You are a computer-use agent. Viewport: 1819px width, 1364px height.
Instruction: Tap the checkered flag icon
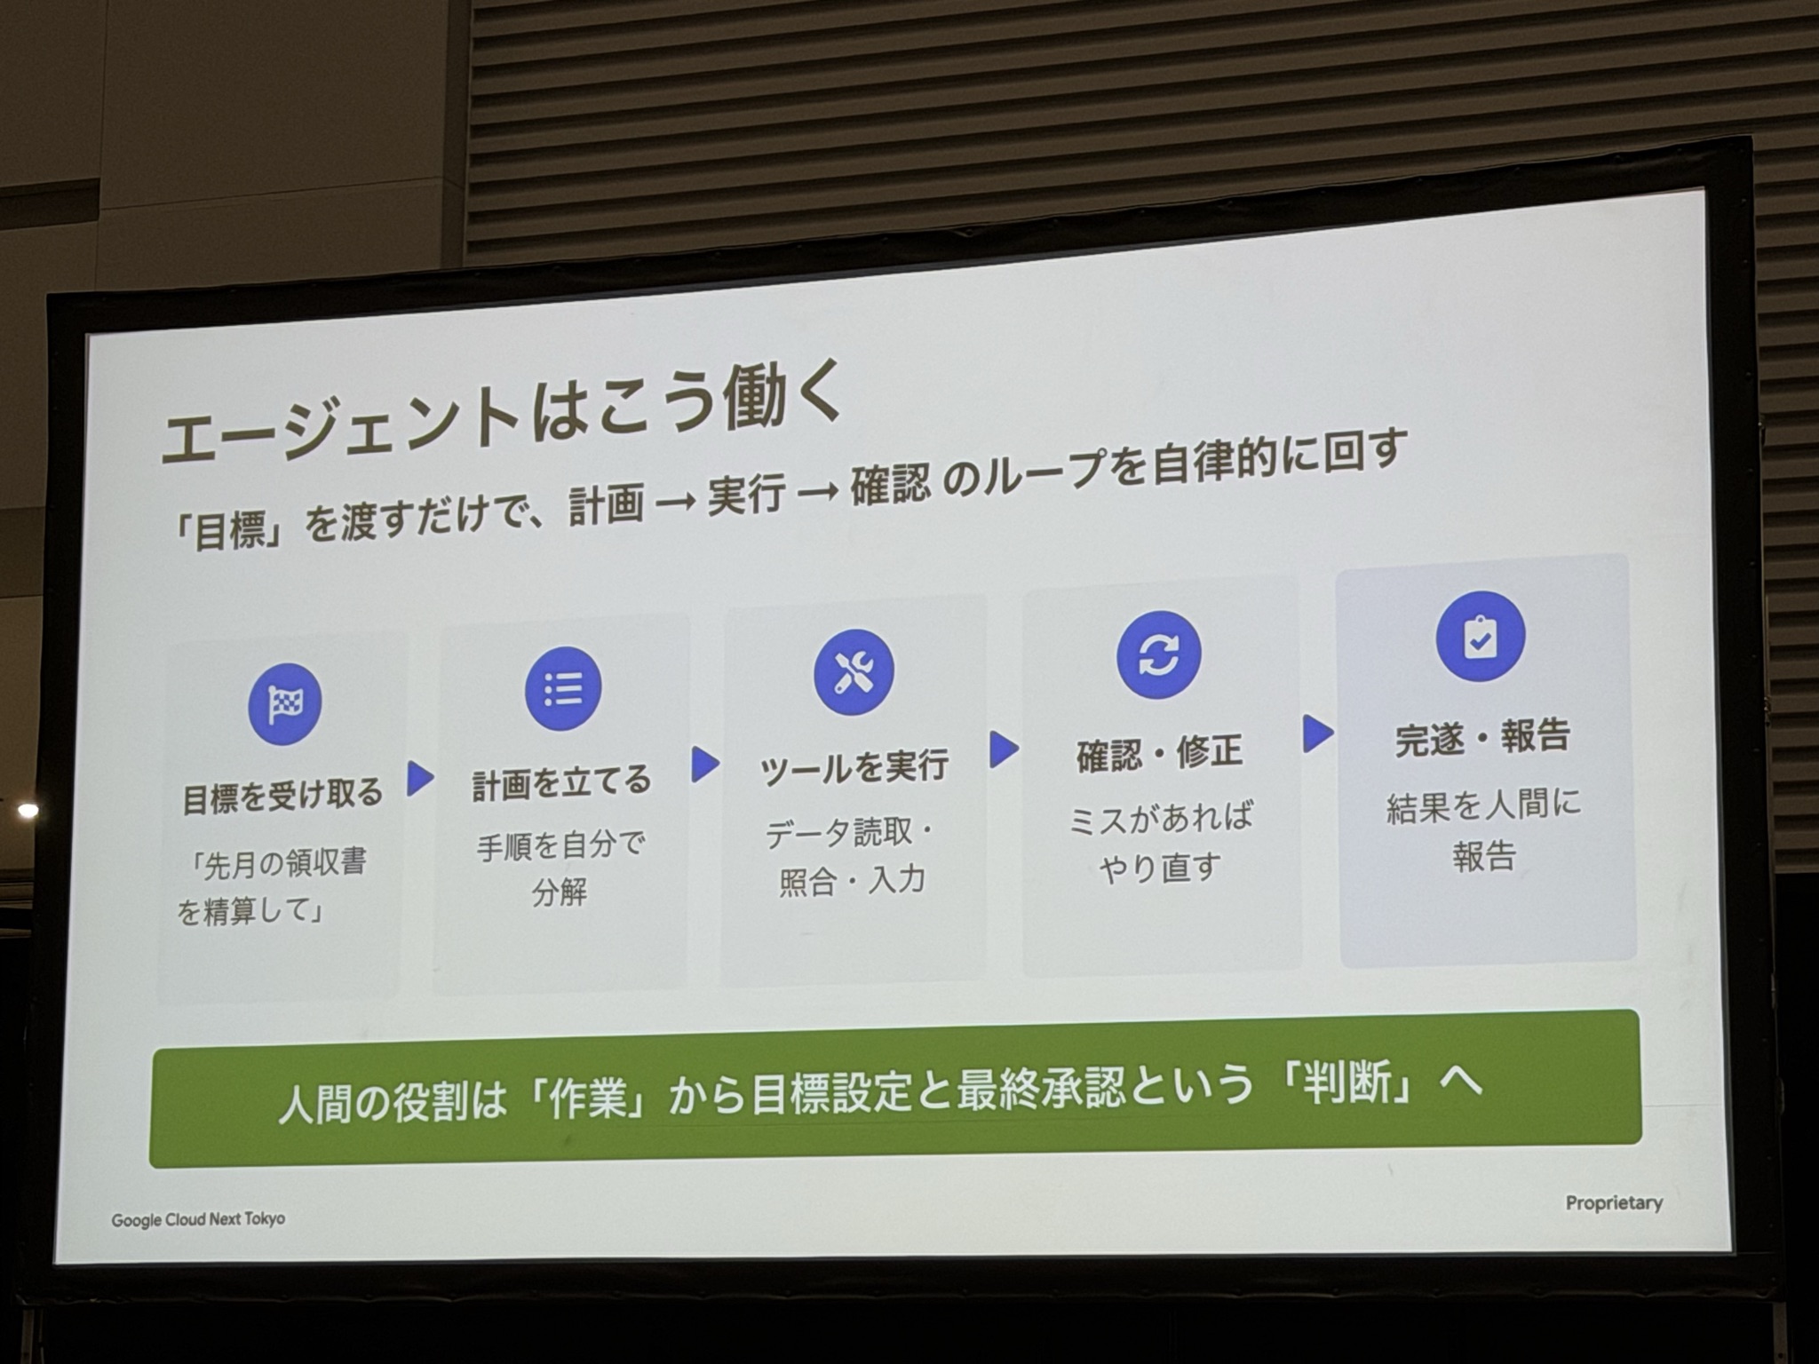[285, 702]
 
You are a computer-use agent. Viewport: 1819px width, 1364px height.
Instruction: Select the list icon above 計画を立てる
[563, 686]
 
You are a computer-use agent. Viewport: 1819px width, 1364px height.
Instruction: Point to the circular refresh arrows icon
[1159, 654]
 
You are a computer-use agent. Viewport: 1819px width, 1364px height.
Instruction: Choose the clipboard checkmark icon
[1481, 638]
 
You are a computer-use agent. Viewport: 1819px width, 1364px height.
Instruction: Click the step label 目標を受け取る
[282, 796]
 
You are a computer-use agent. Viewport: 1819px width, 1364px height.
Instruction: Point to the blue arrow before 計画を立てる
[420, 779]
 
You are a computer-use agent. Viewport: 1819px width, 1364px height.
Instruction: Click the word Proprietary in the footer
[1614, 1203]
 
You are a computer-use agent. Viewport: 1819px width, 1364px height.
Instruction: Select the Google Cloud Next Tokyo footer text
[199, 1219]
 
